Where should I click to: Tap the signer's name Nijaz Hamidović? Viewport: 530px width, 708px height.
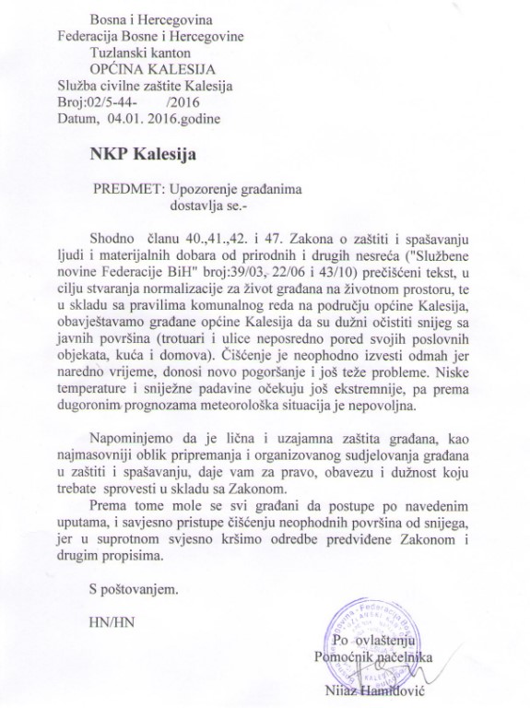[369, 691]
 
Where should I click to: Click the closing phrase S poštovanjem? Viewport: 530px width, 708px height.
[133, 586]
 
